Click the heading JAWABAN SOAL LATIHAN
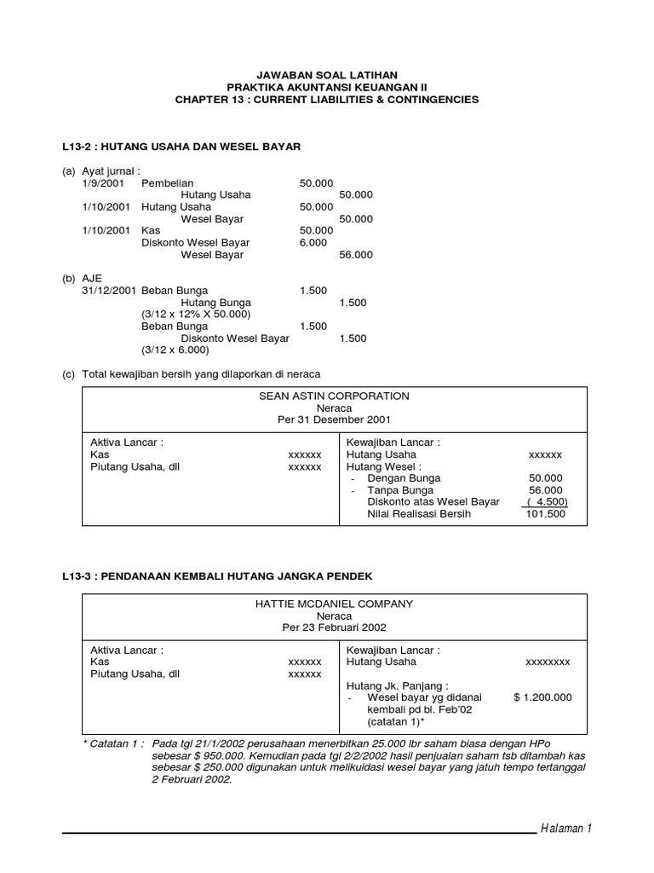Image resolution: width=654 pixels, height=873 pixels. pos(328,76)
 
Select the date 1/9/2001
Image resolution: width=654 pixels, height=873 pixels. pos(102,182)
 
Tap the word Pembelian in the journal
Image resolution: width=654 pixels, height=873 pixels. pos(168,182)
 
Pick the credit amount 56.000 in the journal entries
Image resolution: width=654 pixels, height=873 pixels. pos(356,255)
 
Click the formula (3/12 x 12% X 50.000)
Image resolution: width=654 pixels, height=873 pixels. pos(195,315)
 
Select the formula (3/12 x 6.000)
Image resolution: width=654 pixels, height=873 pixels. pos(175,350)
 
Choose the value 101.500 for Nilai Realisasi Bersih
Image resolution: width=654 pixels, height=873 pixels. pos(545,514)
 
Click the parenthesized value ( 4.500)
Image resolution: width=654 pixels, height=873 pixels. pos(546,502)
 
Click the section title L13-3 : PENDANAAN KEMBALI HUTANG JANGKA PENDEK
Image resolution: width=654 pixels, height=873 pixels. pos(217,575)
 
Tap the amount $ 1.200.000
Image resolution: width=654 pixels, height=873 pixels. pos(543,697)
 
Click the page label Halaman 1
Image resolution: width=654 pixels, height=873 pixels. pos(566,829)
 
